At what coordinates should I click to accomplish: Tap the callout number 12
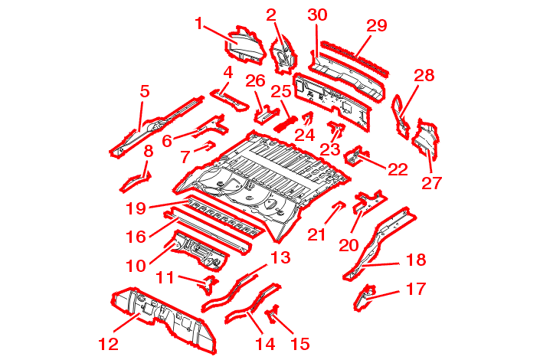(x=108, y=343)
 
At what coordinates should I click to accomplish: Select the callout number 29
(x=377, y=25)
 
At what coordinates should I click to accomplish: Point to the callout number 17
(x=416, y=289)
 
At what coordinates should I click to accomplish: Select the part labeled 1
(x=241, y=44)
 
